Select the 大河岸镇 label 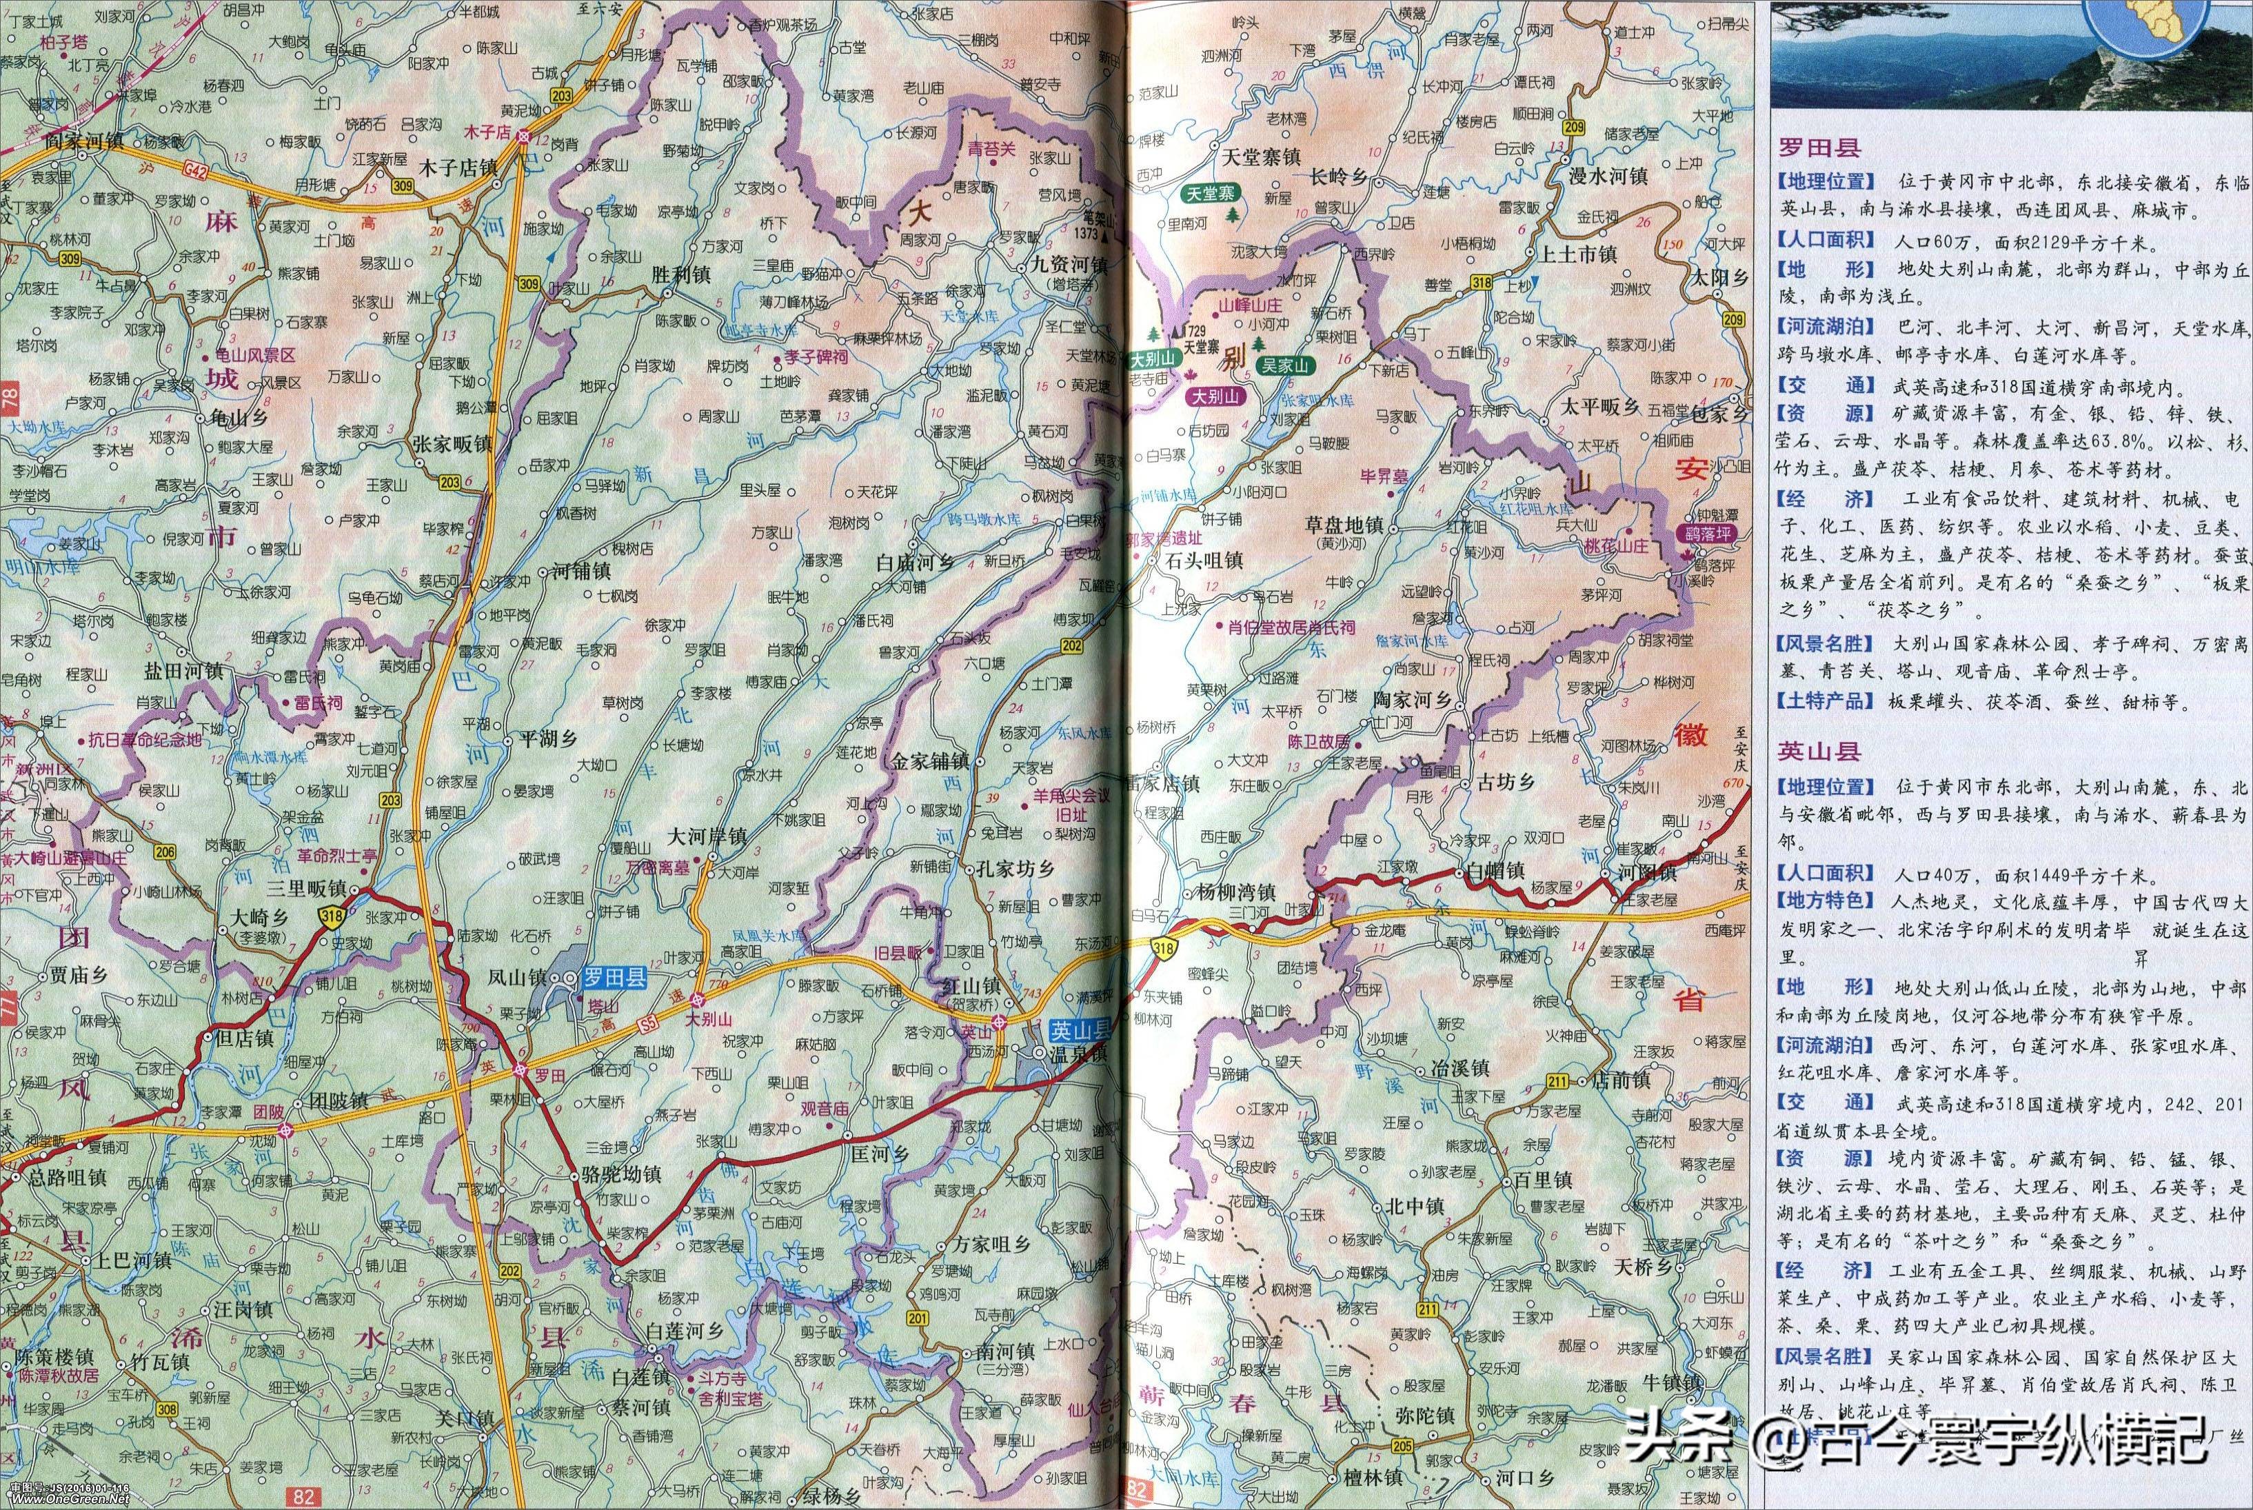point(707,836)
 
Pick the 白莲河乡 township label point(684,1330)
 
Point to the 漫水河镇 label point(1608,177)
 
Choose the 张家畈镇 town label point(452,444)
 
